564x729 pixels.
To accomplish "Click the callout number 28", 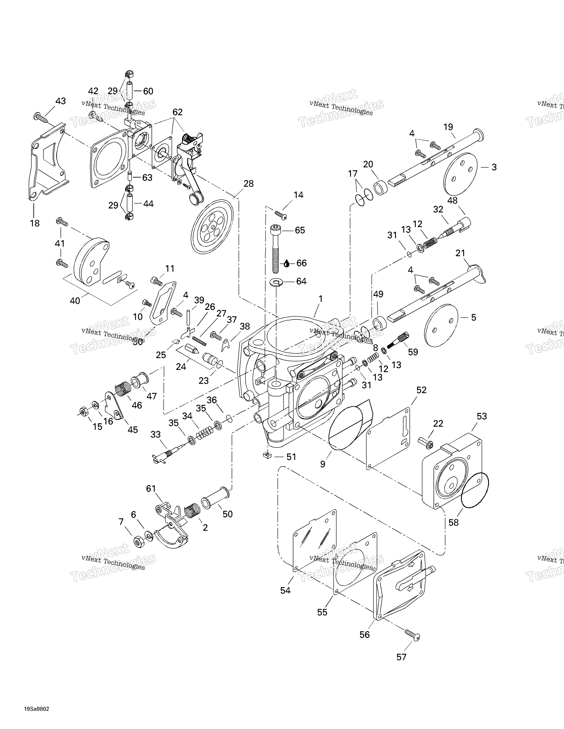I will coord(248,184).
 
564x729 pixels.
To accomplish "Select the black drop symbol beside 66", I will coord(287,263).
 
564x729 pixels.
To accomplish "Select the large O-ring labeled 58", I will coord(474,495).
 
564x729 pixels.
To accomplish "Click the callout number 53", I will coord(482,416).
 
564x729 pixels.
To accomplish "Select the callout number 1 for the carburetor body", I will coord(320,299).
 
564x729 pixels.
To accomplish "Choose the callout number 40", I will coord(75,301).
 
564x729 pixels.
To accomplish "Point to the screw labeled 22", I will coord(426,443).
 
